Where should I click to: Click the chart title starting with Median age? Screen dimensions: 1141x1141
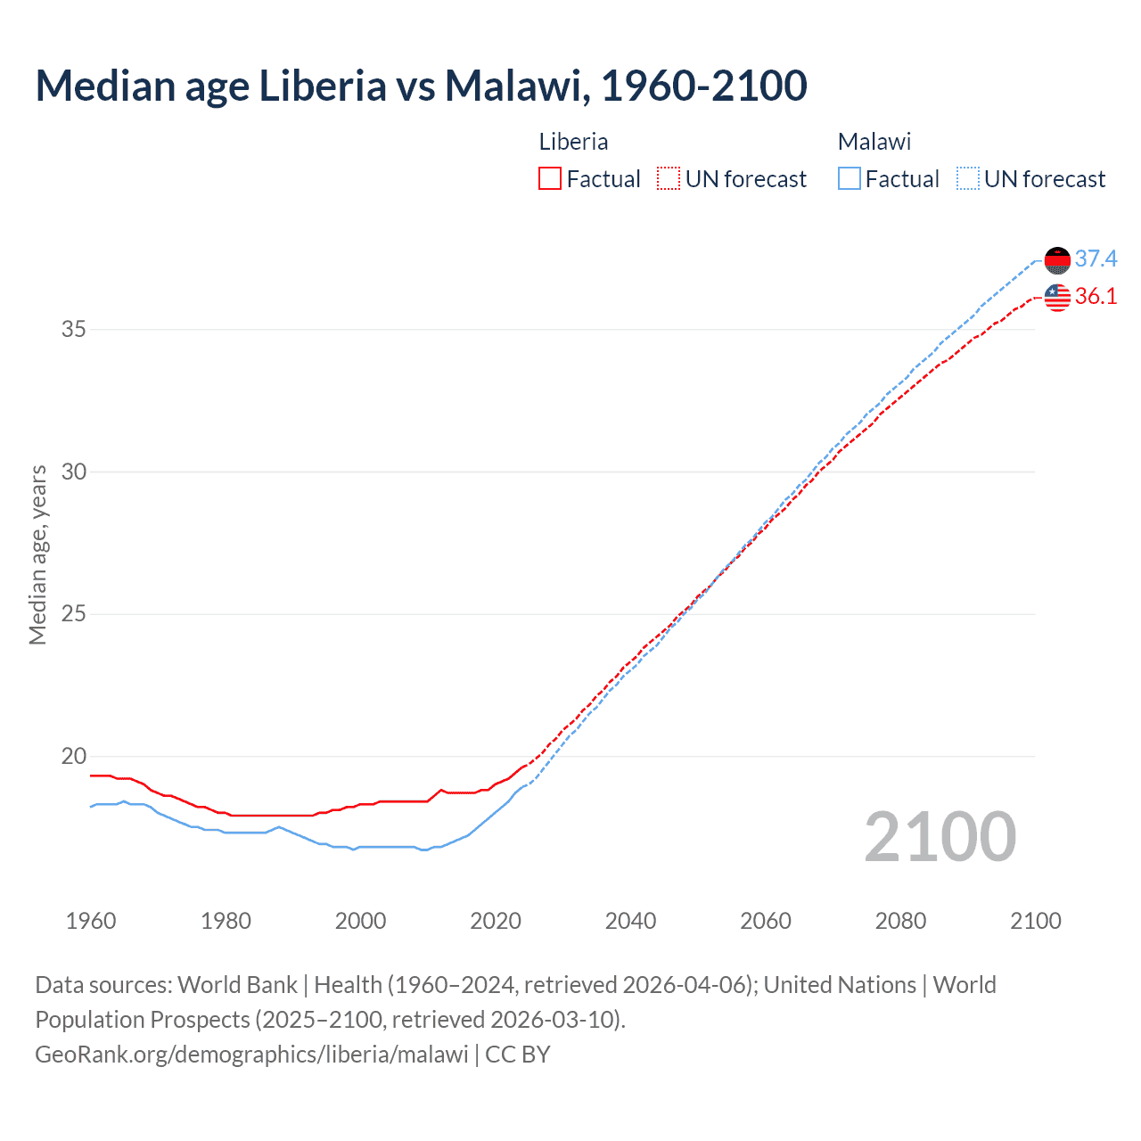coord(421,86)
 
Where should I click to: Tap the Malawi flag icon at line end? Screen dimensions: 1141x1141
coord(1057,259)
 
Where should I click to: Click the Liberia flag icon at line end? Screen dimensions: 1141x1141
coord(1057,297)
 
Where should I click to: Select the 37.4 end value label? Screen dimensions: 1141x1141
coord(1096,259)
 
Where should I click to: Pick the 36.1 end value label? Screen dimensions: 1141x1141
coord(1096,296)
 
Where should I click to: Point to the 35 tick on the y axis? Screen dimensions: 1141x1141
coord(74,329)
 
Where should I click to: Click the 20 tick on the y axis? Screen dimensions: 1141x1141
coord(74,756)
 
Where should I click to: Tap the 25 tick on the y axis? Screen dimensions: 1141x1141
coord(74,613)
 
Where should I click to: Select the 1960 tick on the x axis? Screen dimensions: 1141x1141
coord(91,921)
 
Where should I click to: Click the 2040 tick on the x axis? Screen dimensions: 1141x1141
coord(630,921)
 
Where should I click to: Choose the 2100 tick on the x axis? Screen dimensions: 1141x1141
coord(1035,921)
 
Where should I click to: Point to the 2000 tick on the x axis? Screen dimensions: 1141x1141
coord(360,921)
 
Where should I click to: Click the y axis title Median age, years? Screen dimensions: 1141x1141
coord(37,554)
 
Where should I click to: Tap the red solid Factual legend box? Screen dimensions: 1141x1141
coord(550,179)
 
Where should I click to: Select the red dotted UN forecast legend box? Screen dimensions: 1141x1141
coord(669,179)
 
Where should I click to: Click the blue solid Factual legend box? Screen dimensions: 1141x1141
coord(849,179)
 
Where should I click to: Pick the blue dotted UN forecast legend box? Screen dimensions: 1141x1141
coord(967,179)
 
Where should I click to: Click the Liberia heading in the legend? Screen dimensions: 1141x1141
coord(573,142)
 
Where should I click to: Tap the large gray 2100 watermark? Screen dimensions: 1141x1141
coord(940,837)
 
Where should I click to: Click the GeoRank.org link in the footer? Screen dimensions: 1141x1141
coord(251,1055)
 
